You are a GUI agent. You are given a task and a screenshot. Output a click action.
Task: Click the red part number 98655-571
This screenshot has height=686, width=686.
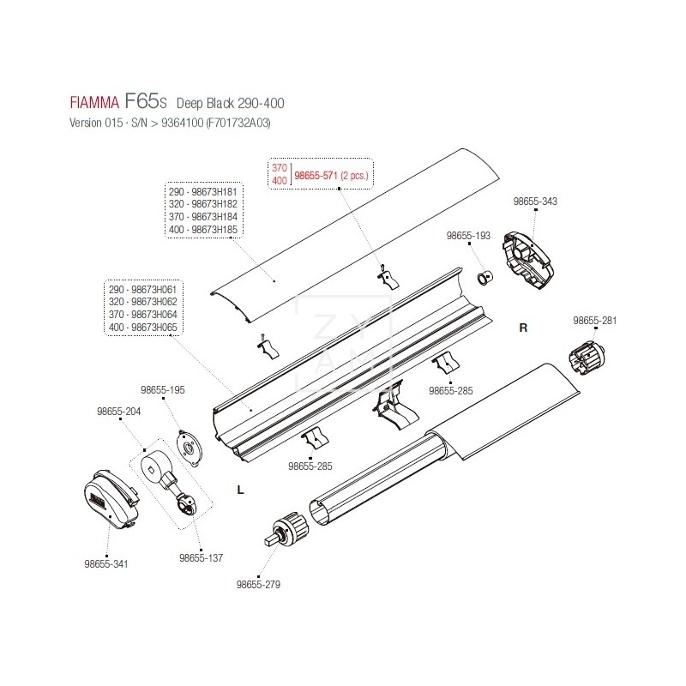click(x=316, y=175)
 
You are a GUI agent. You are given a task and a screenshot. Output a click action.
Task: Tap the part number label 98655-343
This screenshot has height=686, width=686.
click(x=535, y=201)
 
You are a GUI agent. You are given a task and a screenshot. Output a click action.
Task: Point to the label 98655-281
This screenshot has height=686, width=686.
click(x=595, y=321)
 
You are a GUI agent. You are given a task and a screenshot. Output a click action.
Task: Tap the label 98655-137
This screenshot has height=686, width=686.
click(x=201, y=557)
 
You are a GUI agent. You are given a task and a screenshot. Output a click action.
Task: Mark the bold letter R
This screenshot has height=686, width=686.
click(x=523, y=328)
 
